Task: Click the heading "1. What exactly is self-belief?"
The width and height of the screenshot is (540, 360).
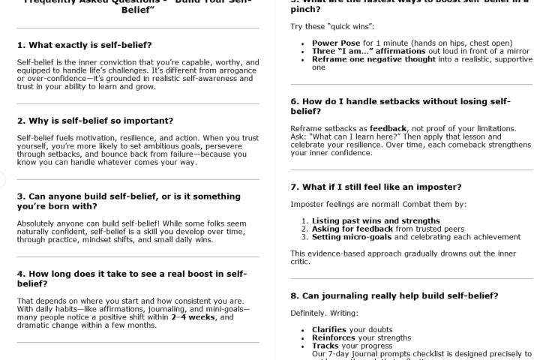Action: click(x=85, y=45)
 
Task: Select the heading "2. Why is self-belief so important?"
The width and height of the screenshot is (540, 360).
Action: click(x=95, y=121)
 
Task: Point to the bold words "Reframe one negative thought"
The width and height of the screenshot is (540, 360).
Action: click(x=373, y=58)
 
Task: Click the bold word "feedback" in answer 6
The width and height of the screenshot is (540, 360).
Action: click(x=388, y=128)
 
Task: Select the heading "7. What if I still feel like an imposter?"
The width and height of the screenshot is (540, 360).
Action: click(x=376, y=187)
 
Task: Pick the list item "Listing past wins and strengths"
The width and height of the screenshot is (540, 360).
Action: click(x=376, y=220)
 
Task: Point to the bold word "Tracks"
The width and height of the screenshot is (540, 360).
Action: click(x=325, y=346)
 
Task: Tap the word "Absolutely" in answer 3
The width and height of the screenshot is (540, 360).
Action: click(x=37, y=224)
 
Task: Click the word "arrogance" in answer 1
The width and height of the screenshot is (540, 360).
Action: click(x=237, y=71)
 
